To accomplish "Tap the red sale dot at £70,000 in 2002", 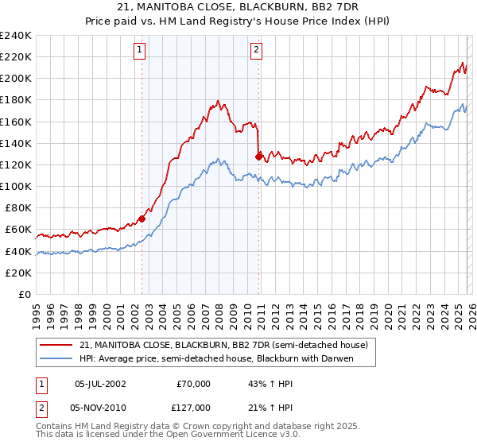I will [x=142, y=219].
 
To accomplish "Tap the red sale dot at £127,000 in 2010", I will [x=259, y=157].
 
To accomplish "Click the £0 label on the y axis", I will [x=24, y=294].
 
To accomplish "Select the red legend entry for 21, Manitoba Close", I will [x=223, y=346].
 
